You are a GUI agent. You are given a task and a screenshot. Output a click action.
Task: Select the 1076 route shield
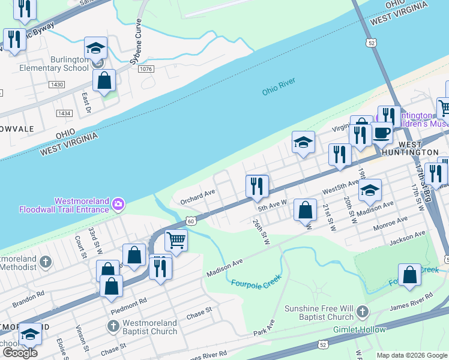[145, 70]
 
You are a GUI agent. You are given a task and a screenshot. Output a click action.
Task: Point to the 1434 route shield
[64, 113]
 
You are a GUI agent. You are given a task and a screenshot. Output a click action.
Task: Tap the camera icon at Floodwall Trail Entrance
[119, 205]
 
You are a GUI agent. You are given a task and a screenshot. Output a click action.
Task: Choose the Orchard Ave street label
[197, 197]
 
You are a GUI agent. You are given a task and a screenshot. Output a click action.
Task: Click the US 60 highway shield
[190, 221]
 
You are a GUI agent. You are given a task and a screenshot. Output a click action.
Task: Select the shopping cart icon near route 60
[176, 241]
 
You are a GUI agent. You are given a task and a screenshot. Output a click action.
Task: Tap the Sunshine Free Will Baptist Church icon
[361, 312]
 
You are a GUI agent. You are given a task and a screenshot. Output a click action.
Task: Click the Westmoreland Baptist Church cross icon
[113, 326]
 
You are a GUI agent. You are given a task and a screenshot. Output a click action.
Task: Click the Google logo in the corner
[20, 353]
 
